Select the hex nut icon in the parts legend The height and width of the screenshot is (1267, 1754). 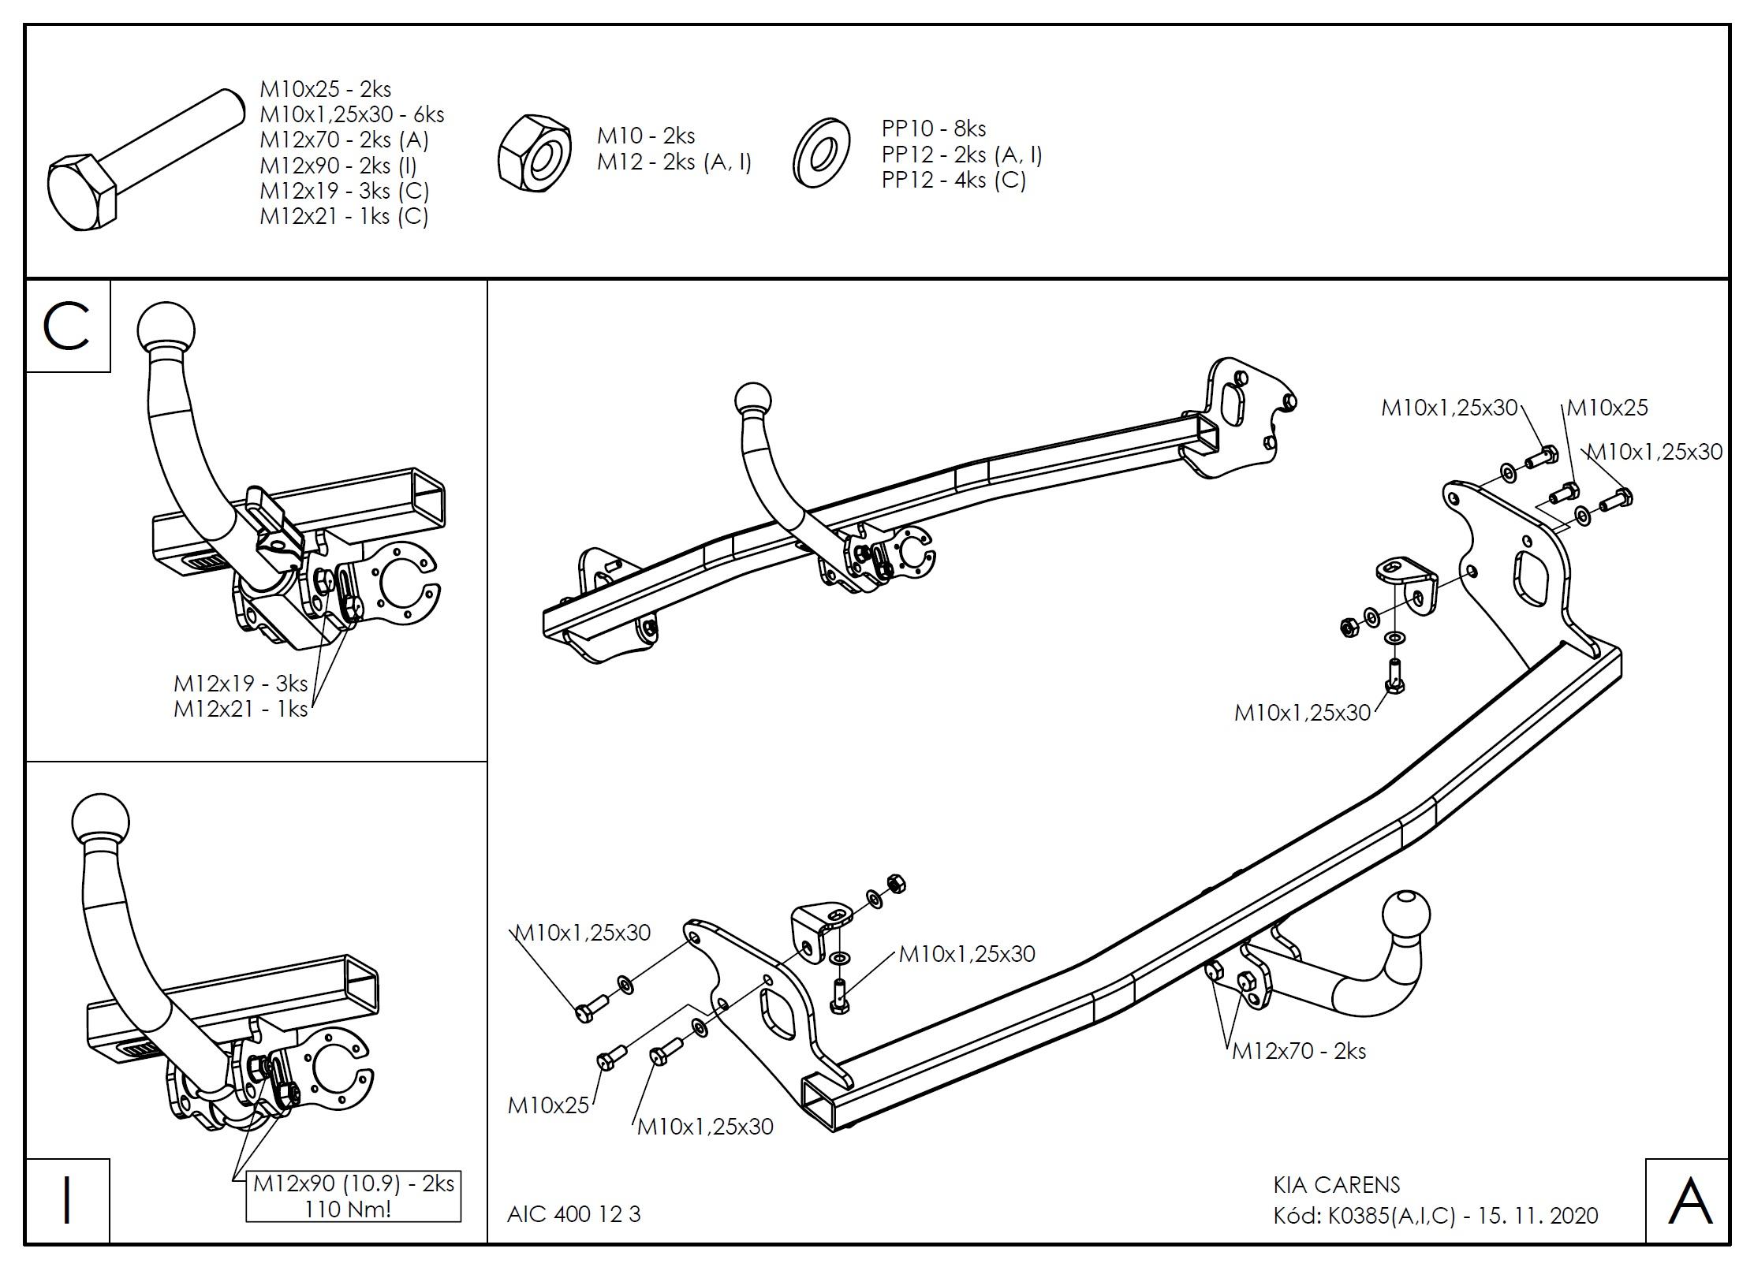pos(536,155)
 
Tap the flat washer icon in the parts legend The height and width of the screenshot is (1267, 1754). pos(822,153)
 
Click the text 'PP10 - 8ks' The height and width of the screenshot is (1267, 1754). pos(933,128)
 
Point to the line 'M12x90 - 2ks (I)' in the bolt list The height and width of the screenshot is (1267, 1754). pos(338,165)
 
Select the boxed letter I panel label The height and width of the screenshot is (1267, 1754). pos(67,1202)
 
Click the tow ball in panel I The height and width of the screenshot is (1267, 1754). pos(100,822)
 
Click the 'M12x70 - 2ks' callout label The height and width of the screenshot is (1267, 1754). pos(1299,1050)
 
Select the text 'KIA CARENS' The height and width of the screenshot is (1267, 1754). pos(1337,1185)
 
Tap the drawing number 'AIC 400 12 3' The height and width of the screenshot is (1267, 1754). pos(574,1214)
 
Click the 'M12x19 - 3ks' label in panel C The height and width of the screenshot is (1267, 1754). pos(241,683)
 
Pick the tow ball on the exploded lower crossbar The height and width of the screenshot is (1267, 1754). pos(1405,919)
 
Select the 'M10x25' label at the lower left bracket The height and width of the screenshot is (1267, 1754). pos(548,1105)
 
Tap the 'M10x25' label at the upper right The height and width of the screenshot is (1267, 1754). pos(1607,408)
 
